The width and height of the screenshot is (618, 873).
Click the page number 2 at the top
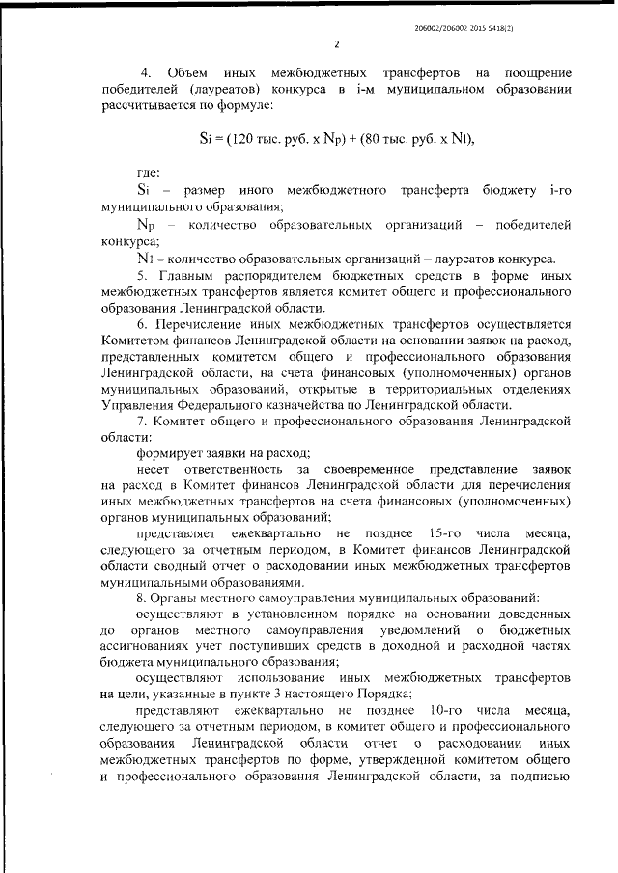point(336,44)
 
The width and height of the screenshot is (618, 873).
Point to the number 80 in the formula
point(372,137)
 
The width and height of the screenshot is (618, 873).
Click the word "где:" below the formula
point(149,174)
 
